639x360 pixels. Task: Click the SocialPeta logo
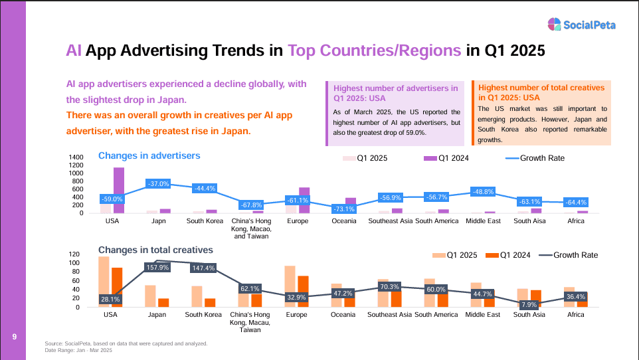coord(581,25)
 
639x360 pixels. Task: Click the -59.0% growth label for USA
coord(112,199)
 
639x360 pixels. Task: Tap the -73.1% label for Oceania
coord(343,209)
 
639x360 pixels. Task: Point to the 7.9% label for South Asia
coord(530,304)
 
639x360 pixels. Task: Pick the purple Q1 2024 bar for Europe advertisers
coord(304,200)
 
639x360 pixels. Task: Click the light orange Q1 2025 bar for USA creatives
coord(104,282)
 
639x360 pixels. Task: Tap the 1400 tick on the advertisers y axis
coord(76,157)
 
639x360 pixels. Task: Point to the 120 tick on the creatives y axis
coord(74,254)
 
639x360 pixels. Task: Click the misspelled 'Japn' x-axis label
coord(157,221)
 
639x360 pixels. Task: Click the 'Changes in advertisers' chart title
coord(149,156)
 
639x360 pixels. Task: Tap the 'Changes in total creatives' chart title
coord(155,250)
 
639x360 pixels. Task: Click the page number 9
coord(14,337)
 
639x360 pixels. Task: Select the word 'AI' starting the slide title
coord(74,50)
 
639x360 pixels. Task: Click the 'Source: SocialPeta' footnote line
coord(126,343)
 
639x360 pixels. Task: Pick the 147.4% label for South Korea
coord(204,268)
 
